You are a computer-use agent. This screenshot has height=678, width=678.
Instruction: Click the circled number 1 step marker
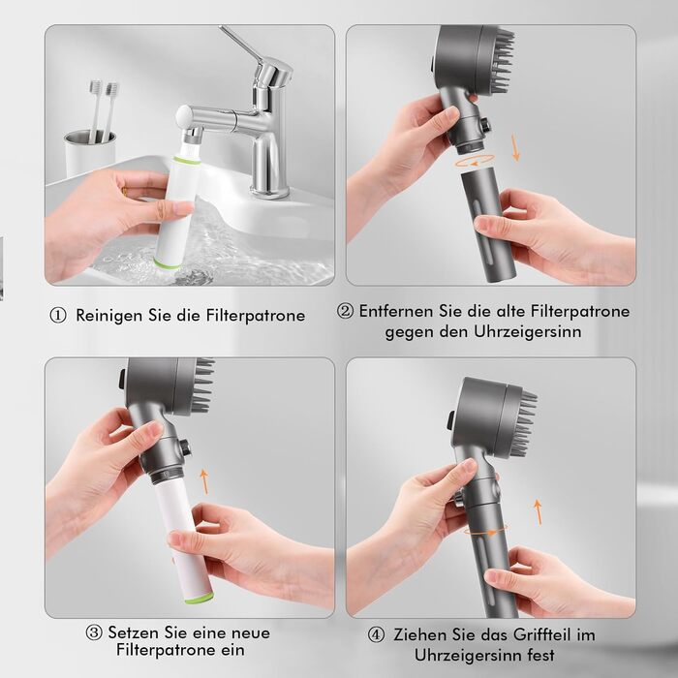pos(58,315)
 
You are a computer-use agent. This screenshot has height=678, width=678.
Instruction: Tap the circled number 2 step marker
pos(345,311)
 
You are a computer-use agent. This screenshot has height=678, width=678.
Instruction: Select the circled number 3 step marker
pos(94,632)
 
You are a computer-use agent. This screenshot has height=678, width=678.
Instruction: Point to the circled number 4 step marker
pos(376,634)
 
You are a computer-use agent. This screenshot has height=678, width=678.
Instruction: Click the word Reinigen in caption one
pos(109,316)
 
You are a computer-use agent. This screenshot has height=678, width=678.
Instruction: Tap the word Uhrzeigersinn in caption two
pos(528,332)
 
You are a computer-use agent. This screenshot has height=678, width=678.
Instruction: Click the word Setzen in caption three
pos(133,632)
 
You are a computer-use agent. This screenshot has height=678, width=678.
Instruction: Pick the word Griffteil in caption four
pos(536,634)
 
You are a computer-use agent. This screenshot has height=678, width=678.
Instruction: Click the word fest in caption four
pos(539,655)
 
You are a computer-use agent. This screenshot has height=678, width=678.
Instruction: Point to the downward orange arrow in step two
pos(515,148)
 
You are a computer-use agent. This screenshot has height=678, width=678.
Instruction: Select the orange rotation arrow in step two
pos(475,162)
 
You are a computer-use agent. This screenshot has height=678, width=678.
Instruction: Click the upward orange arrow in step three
pos(204,481)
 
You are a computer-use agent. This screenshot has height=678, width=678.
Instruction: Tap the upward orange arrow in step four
pos(538,512)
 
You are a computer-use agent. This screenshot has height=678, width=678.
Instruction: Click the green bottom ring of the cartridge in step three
pos(200,598)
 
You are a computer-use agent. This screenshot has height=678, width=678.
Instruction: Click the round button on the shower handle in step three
pos(185,447)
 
